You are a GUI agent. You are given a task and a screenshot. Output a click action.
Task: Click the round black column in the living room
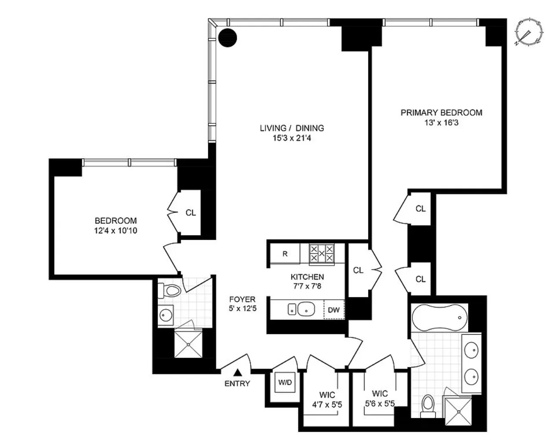[x=227, y=38]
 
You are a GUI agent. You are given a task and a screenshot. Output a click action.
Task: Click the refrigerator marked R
[x=285, y=254]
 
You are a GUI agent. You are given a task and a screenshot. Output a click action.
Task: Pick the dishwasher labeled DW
[x=334, y=310]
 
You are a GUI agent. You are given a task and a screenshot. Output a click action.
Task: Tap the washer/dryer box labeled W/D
[x=285, y=382]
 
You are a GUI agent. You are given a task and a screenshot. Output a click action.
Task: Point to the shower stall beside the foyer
[x=187, y=344]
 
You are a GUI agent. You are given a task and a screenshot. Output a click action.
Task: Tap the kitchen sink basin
[x=306, y=309]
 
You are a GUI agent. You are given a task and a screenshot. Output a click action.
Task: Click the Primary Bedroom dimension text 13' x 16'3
[x=441, y=123]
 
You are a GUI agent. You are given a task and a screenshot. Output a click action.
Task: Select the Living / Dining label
[x=292, y=128]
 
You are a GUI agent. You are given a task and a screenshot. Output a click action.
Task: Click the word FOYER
[x=242, y=299]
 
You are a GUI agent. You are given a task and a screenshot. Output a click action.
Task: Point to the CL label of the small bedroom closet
[x=191, y=213]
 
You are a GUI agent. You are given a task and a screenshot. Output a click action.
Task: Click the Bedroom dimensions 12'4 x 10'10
[x=116, y=231]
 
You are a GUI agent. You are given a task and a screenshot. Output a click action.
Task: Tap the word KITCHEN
[x=307, y=277]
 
